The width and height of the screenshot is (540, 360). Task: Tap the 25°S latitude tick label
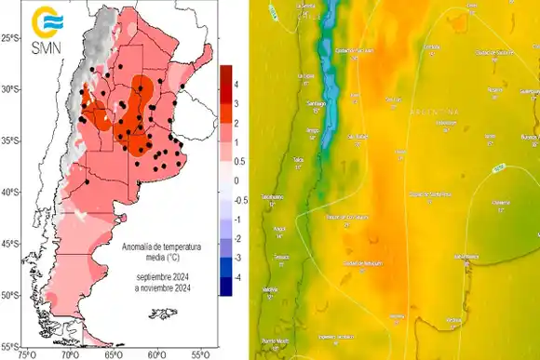(x=10, y=37)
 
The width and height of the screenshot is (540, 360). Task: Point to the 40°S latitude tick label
(x=10, y=193)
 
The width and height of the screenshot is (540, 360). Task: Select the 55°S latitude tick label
(x=10, y=345)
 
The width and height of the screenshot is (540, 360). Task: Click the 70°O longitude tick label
(x=69, y=353)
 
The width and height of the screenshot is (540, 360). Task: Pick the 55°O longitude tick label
(x=199, y=353)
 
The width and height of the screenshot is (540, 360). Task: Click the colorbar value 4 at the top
(x=236, y=84)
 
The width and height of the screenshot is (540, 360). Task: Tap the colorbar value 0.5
(x=239, y=161)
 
